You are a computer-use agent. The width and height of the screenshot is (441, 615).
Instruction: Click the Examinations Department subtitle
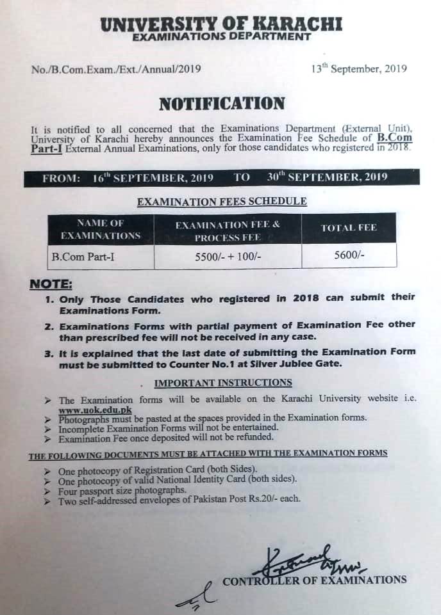[x=221, y=38]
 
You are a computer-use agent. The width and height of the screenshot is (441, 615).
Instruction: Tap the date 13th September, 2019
[x=358, y=69]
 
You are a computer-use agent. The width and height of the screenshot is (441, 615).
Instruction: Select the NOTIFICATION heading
[x=221, y=104]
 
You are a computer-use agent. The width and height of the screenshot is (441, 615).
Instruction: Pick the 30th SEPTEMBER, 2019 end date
[x=327, y=177]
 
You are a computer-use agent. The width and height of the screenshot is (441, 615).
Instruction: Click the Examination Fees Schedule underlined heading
[x=222, y=202]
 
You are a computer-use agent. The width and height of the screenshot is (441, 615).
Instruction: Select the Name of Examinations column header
[x=100, y=229]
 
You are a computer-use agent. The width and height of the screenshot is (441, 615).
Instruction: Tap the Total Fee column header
[x=349, y=228]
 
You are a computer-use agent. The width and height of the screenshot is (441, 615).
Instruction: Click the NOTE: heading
[x=51, y=284]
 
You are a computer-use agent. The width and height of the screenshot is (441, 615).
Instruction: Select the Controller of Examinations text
[x=314, y=580]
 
